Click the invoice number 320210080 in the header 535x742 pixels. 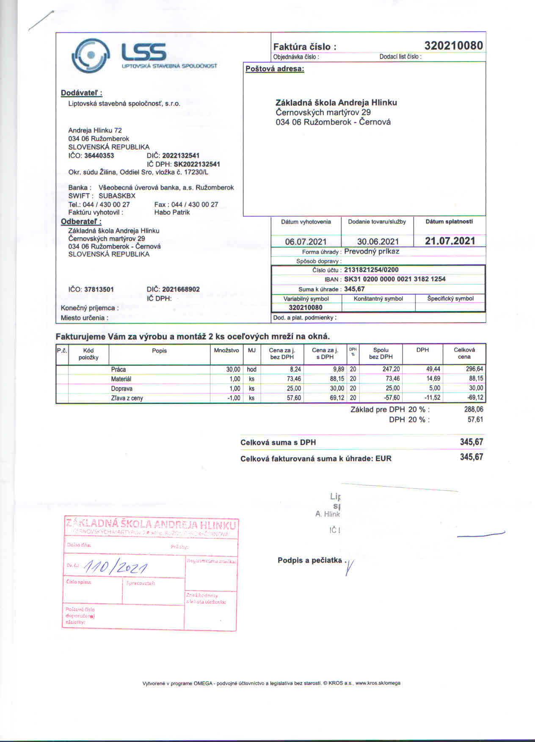[x=453, y=46]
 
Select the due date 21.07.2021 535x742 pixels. [x=450, y=241]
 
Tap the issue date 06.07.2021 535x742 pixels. [x=306, y=241]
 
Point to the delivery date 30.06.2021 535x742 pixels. [x=378, y=241]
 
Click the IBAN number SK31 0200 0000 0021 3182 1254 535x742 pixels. [x=394, y=279]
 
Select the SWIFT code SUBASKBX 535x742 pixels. [x=117, y=196]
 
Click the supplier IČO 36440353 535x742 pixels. [x=99, y=155]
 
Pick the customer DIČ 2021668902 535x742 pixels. [x=181, y=289]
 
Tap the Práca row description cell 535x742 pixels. [x=119, y=369]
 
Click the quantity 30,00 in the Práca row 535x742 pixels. [x=233, y=369]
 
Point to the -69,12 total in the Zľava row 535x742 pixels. [x=474, y=398]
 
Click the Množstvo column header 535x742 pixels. [x=226, y=350]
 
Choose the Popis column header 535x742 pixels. [x=159, y=351]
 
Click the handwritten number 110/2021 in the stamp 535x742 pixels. [x=116, y=566]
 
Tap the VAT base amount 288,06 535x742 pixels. [x=474, y=410]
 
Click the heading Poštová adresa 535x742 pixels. [x=275, y=69]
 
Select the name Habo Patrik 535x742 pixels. [x=172, y=212]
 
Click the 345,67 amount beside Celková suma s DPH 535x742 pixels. [x=471, y=442]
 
